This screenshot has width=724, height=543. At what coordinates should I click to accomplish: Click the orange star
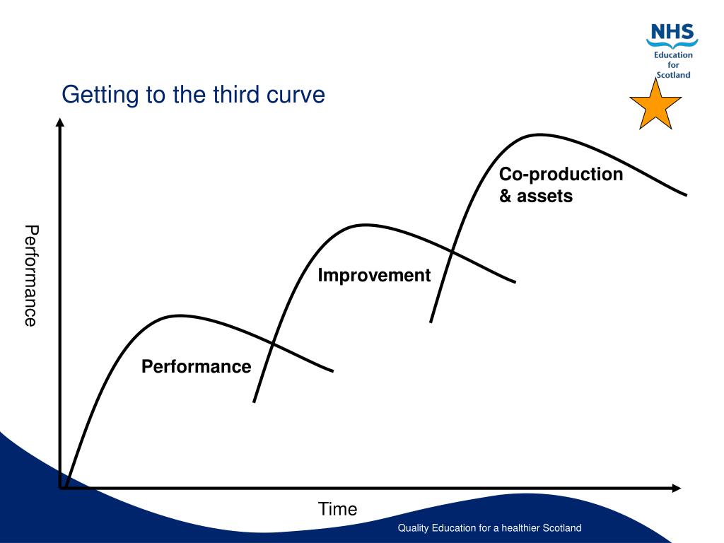655,106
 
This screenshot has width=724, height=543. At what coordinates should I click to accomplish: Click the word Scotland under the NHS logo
673,75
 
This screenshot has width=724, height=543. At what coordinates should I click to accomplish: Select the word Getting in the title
100,95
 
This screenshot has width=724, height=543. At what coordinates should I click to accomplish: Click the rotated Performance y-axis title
31,276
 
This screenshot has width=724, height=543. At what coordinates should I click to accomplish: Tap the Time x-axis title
337,509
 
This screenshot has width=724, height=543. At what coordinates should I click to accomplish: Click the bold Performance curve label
197,366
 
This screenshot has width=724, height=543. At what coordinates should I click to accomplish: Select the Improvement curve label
374,275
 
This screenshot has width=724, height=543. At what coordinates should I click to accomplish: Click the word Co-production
561,175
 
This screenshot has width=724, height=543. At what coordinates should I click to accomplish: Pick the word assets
545,197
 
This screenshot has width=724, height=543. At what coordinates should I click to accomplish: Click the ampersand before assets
505,196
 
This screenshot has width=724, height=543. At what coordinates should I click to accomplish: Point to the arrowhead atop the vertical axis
60,122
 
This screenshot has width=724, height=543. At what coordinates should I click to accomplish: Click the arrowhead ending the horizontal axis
677,488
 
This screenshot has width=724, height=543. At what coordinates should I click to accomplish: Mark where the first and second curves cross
273,344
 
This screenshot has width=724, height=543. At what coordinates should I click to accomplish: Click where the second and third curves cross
452,252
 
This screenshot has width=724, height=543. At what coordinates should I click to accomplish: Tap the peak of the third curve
539,135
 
